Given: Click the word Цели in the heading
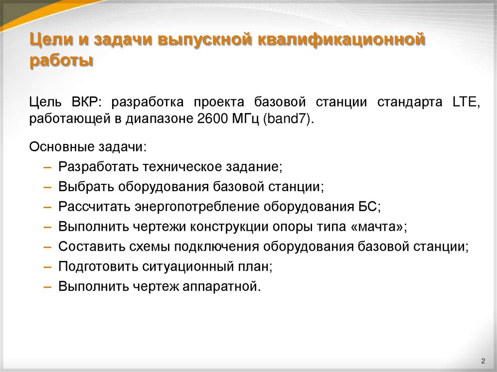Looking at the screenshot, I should pyautogui.click(x=48, y=40).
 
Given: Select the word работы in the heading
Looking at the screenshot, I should pyautogui.click(x=61, y=62).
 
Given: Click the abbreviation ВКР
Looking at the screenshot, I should pyautogui.click(x=85, y=102).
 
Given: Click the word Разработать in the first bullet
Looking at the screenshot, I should pyautogui.click(x=99, y=166).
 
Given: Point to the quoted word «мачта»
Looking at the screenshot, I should pyautogui.click(x=382, y=226).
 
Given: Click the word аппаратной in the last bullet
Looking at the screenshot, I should pyautogui.click(x=221, y=286).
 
